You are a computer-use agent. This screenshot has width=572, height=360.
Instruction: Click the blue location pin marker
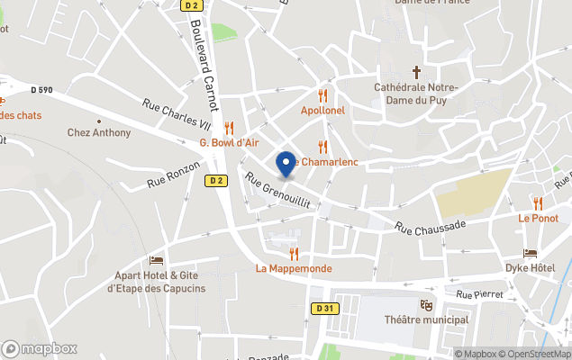click(x=286, y=164)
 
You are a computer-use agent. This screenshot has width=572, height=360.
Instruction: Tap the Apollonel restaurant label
click(x=322, y=110)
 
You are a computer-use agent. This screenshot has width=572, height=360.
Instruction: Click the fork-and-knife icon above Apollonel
click(x=322, y=95)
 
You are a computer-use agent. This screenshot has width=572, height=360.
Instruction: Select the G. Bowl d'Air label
click(x=229, y=142)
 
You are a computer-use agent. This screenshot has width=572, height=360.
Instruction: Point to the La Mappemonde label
click(x=294, y=268)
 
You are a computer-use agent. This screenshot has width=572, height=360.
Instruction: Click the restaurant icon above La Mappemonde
click(x=294, y=254)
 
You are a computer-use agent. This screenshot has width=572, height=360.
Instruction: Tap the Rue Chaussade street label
click(x=431, y=227)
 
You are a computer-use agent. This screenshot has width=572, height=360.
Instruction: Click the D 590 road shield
click(x=41, y=89)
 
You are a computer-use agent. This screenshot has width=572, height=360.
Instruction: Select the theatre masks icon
click(x=426, y=306)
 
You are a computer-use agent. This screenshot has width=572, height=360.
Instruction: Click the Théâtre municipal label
click(x=426, y=320)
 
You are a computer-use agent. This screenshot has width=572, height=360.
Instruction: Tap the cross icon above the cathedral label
click(x=416, y=71)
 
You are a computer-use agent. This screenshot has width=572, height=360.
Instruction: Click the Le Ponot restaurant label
click(x=538, y=218)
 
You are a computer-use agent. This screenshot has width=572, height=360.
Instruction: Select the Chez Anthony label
click(x=99, y=133)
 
